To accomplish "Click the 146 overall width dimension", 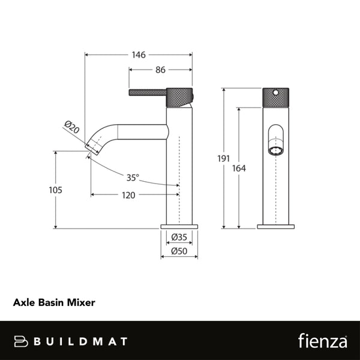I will click(x=139, y=55).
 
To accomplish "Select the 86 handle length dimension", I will click(x=160, y=70).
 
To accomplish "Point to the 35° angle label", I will click(x=133, y=177).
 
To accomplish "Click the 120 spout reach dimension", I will click(x=128, y=195).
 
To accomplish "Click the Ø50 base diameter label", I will click(x=178, y=251).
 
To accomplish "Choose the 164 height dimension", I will click(x=239, y=169).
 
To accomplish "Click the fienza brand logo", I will click(x=322, y=341).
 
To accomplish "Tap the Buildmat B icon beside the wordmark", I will click(x=22, y=341).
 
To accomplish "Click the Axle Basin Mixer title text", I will click(x=54, y=303).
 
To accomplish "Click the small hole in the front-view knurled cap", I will click(x=275, y=93).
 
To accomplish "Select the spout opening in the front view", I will click(x=275, y=150).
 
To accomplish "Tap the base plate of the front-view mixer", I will click(x=275, y=227).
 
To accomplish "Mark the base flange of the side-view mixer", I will click(x=179, y=227).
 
